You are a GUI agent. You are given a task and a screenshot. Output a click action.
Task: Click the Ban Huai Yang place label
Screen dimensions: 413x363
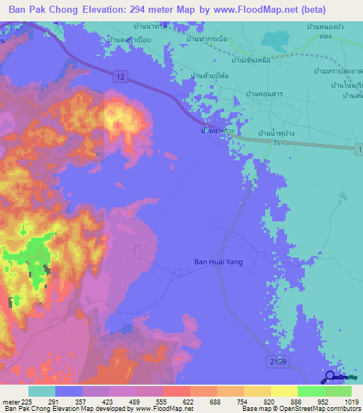[x=218, y=262]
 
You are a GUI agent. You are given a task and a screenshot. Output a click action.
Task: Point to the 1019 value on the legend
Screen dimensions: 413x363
[x=352, y=402]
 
